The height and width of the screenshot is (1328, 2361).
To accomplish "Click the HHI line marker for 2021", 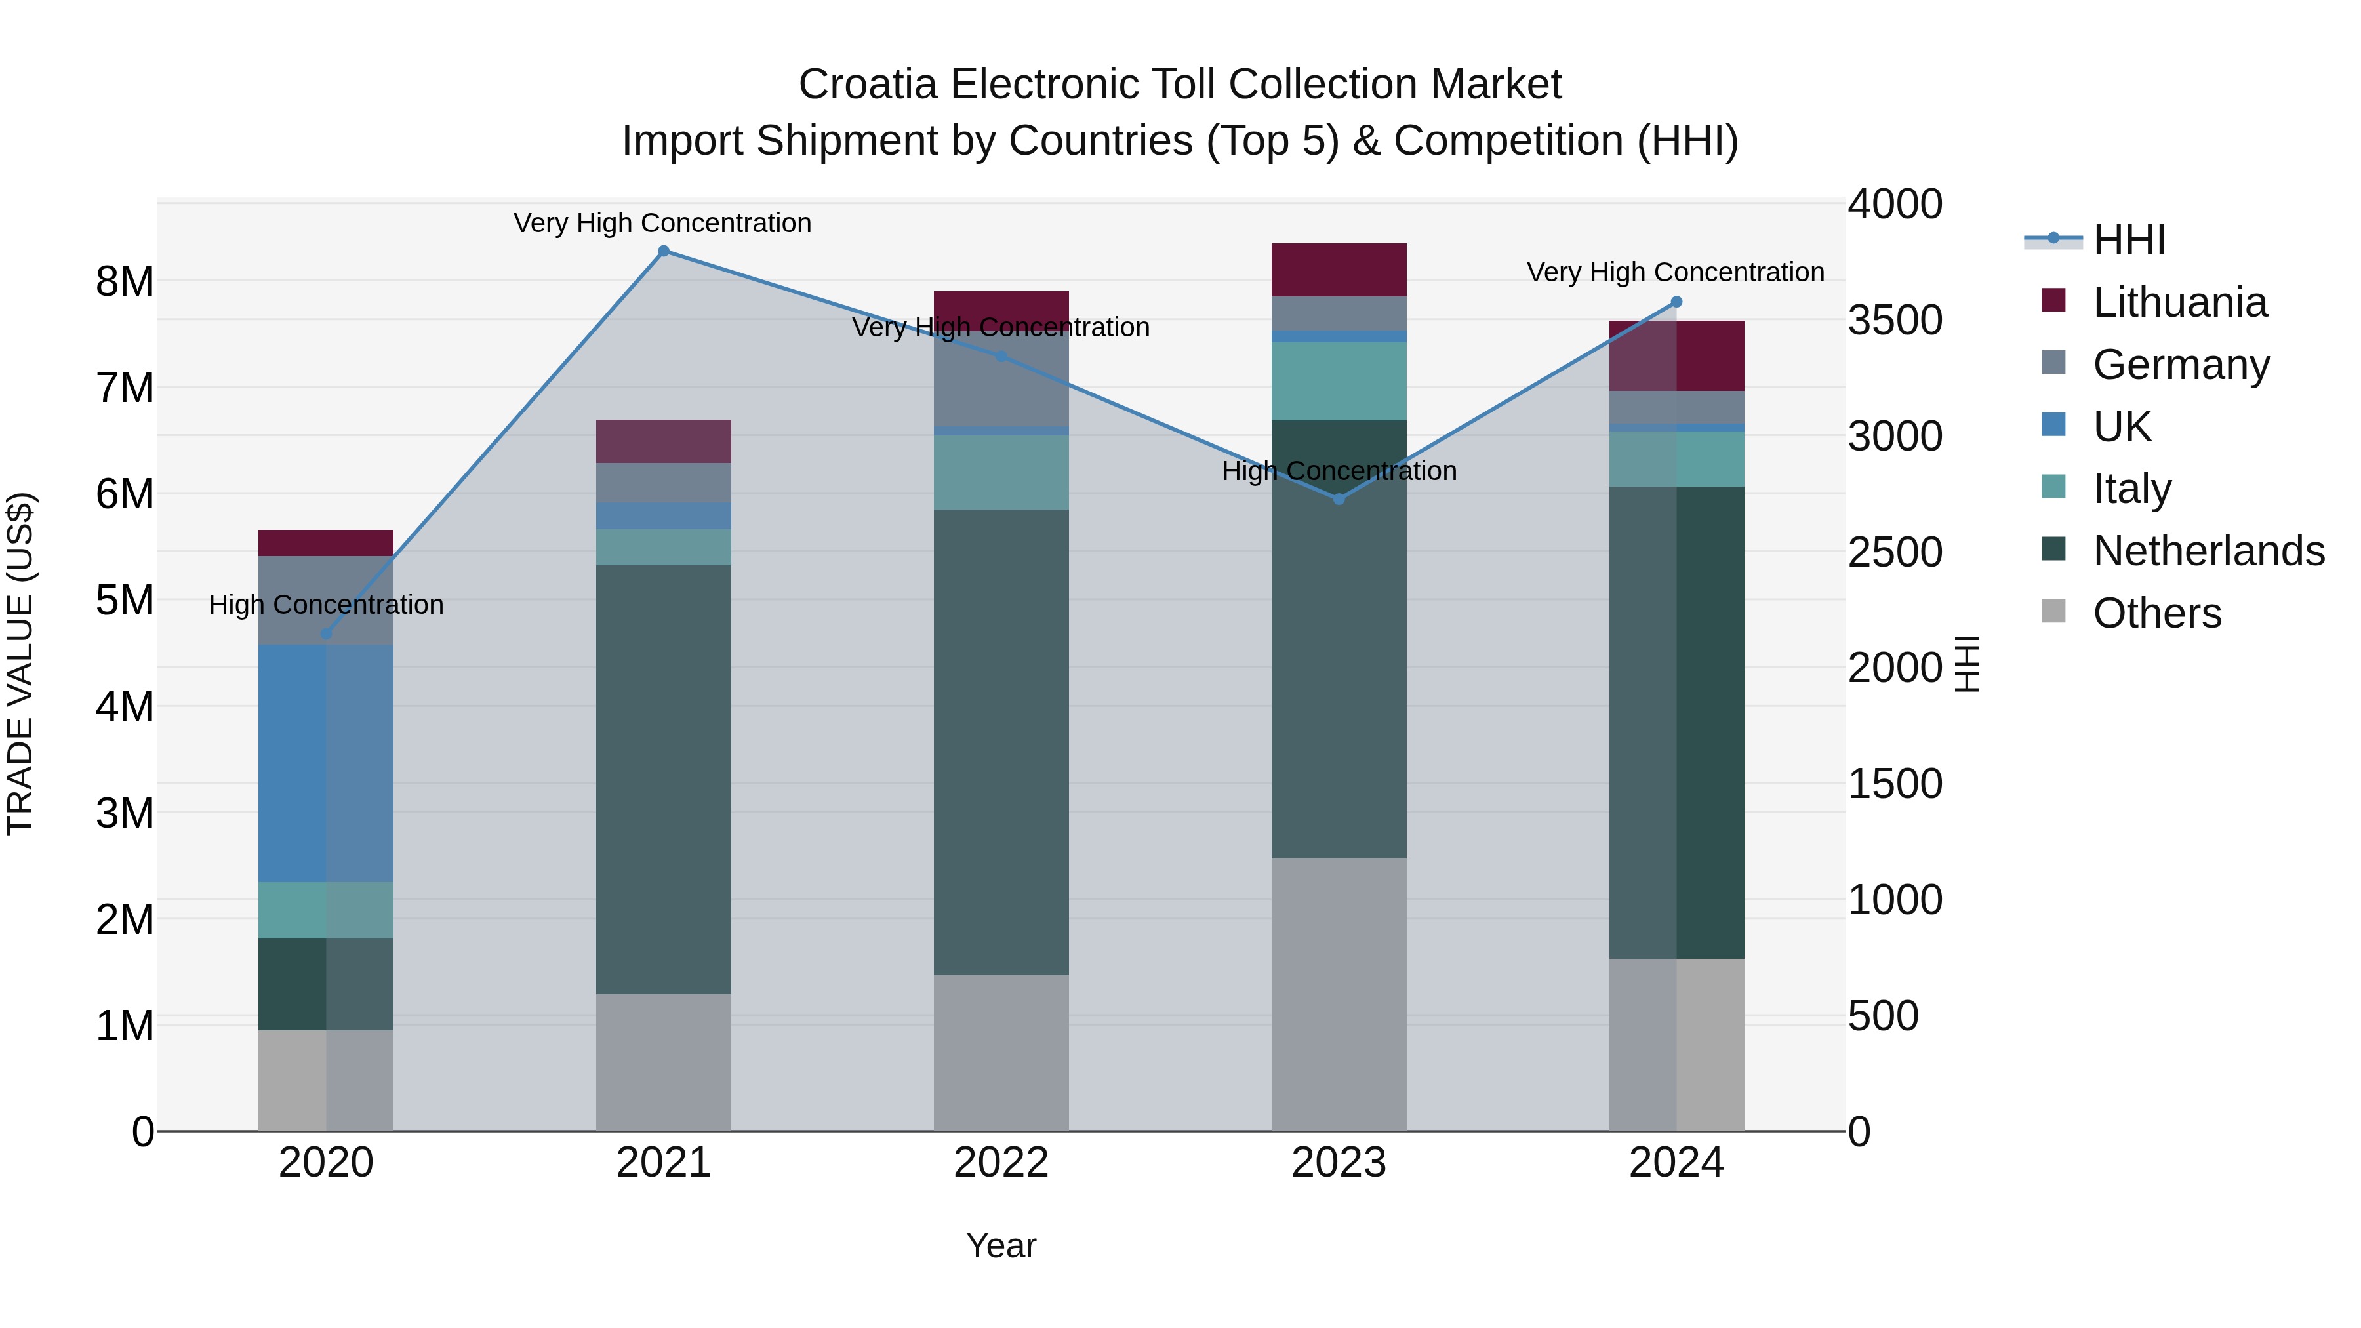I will pos(664,251).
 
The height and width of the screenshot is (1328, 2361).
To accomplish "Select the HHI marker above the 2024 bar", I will pos(1676,302).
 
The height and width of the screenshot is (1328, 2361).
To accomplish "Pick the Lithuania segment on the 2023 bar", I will pos(1338,270).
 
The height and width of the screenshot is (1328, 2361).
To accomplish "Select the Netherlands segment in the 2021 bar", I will pos(664,779).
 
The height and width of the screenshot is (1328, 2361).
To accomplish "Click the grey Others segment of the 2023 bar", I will pos(1338,994).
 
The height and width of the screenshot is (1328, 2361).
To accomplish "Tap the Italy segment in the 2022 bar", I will pos(1001,472).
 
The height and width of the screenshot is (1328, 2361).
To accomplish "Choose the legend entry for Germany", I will pos(2181,365).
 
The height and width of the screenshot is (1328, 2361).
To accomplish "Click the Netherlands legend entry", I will pos(2208,552).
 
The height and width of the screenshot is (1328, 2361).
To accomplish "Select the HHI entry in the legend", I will pos(2129,240).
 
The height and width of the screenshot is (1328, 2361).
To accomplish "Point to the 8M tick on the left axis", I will pos(125,281).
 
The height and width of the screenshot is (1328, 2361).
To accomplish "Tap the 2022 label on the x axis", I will pos(1001,1163).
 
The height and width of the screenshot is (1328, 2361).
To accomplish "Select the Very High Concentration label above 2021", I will pos(662,224).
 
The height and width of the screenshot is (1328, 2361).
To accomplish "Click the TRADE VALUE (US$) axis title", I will pos(20,664).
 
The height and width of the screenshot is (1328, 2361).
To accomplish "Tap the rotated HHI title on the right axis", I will pos(1968,664).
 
